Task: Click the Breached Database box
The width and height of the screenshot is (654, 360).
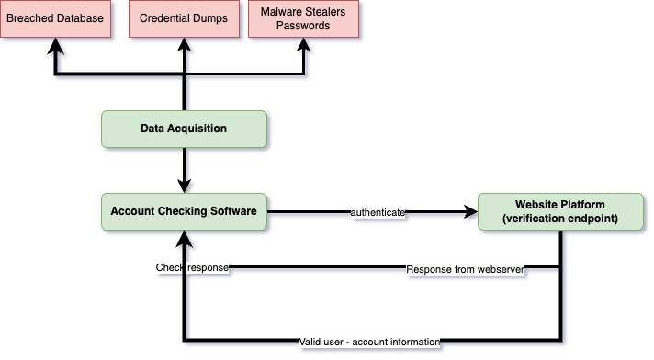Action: [55, 19]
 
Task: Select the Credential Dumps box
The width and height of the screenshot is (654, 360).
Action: [184, 19]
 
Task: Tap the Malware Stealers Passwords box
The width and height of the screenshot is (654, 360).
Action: [303, 19]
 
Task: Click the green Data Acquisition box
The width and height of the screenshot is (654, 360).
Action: [184, 129]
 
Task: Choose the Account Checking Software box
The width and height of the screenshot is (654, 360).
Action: [184, 211]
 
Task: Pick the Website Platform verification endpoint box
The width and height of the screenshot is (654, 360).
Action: [561, 211]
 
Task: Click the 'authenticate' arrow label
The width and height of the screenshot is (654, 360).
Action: [378, 212]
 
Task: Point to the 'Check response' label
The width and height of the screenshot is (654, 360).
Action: [192, 268]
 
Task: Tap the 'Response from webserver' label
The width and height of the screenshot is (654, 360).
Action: [465, 268]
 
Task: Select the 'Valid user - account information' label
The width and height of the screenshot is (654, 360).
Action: [370, 342]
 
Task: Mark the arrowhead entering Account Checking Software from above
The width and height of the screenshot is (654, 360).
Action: [185, 185]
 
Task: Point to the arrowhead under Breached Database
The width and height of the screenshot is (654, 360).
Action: [56, 45]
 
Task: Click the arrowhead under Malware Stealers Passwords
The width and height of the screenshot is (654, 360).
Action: [304, 45]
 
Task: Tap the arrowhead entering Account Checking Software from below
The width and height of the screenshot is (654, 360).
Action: [185, 238]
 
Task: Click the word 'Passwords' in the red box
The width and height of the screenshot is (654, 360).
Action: [303, 26]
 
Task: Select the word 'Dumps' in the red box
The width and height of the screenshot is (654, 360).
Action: [209, 19]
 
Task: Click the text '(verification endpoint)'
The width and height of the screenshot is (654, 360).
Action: [561, 219]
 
